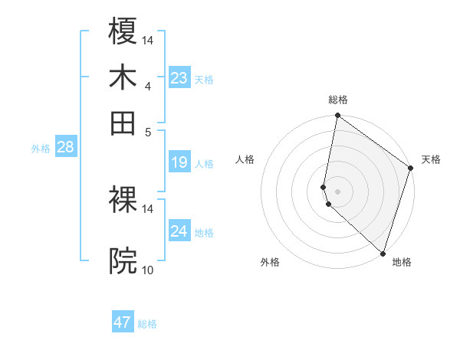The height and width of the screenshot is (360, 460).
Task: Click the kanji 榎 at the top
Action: point(123,31)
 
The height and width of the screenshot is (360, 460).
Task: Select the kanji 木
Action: point(123,77)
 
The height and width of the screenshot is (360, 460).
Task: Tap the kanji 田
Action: point(123,123)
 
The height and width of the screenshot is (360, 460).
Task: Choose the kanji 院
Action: point(123,261)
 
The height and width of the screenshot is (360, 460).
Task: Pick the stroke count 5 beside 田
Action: point(148,131)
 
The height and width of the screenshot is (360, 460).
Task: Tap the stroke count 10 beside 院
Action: point(148,270)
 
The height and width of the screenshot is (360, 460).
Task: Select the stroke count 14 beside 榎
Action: point(148,40)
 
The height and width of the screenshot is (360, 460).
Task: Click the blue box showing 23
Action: point(179,78)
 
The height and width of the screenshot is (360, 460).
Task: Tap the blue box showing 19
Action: point(179,162)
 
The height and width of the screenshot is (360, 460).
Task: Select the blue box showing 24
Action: point(179,231)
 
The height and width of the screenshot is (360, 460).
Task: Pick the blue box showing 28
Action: point(65,147)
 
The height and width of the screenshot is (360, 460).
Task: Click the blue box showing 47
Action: point(123,322)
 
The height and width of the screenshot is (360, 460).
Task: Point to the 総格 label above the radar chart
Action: point(338,100)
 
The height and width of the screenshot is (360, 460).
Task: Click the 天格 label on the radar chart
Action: point(431,159)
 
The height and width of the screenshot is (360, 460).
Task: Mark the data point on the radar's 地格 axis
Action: point(383,253)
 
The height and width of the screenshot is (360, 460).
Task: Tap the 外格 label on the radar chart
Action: point(270,262)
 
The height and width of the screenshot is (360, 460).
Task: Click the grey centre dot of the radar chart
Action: point(337,191)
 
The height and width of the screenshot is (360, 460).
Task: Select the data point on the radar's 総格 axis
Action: point(337,116)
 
